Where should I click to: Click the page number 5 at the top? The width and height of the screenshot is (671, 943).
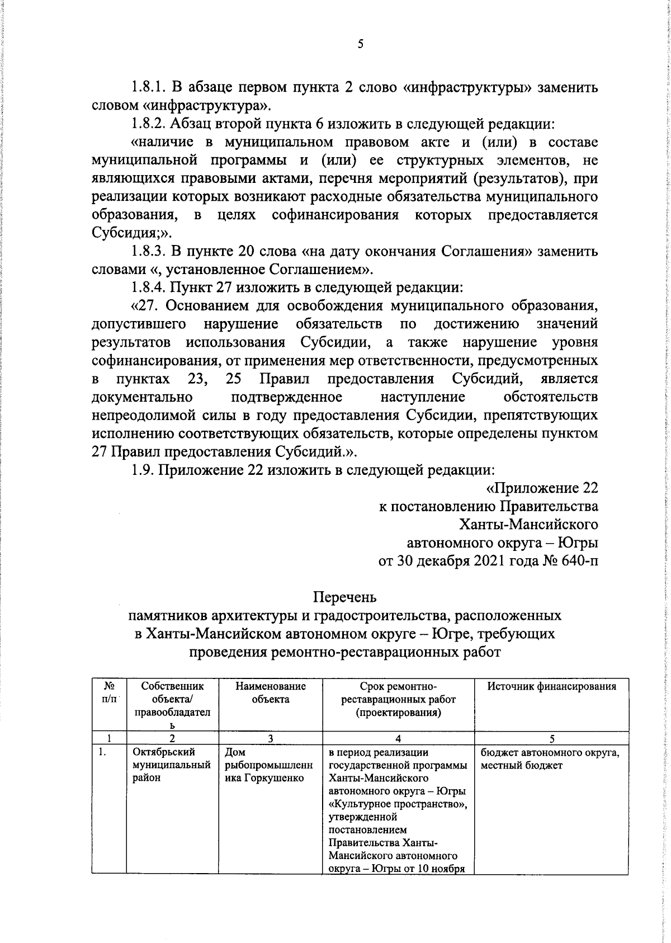click(360, 44)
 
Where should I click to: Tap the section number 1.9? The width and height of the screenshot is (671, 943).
click(143, 470)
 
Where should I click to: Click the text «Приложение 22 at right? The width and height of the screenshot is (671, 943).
click(542, 488)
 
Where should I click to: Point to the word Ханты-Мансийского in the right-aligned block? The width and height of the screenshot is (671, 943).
click(528, 525)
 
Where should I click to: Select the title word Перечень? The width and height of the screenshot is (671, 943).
click(345, 597)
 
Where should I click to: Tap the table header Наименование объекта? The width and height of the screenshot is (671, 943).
click(271, 693)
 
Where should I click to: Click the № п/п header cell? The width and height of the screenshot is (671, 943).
click(110, 693)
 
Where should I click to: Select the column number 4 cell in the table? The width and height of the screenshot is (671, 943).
click(398, 738)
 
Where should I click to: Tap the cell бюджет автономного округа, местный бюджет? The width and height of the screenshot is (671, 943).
click(550, 759)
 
